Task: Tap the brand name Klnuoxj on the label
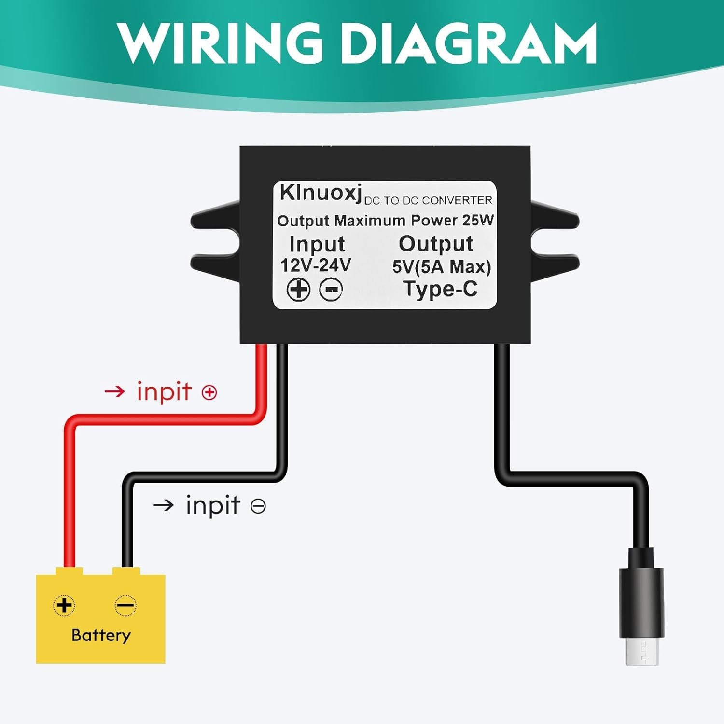coord(320,194)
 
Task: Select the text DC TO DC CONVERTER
coord(428,200)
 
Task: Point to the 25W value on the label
coord(478,220)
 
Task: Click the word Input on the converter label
coord(317,244)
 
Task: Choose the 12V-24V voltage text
coord(316,265)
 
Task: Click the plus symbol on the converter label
coord(298,290)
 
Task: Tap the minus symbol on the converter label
coord(332,290)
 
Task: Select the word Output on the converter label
coord(436,244)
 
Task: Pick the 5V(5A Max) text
coord(441,266)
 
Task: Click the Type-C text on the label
coord(441,289)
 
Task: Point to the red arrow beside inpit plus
coord(115,391)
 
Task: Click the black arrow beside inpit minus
coord(164,505)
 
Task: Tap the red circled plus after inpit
coord(209,392)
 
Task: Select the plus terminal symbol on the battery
coord(64,605)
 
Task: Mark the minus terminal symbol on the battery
coord(125,605)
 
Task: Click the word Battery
coord(101,635)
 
